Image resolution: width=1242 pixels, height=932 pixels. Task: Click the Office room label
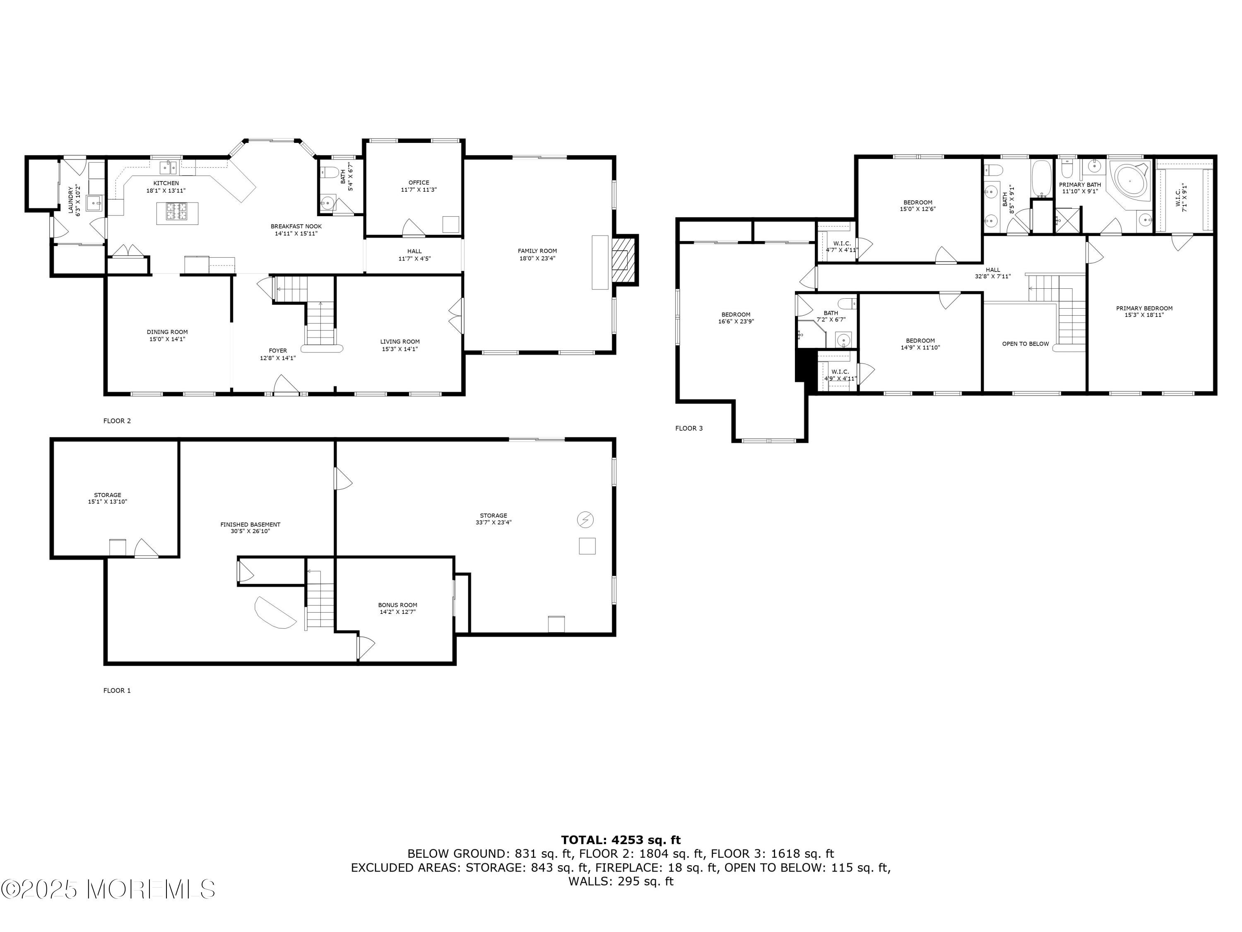pos(419,186)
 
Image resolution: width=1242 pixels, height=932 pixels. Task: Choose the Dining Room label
pos(167,336)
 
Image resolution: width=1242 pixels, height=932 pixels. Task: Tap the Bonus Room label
pos(397,608)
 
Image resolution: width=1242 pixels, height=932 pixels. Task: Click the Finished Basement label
pos(250,528)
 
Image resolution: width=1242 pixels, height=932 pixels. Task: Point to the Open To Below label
pos(1025,344)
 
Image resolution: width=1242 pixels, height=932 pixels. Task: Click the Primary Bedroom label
pos(1144,312)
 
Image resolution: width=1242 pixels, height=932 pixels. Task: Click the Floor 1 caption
pos(117,691)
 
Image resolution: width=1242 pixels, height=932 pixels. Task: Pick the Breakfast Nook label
pos(296,230)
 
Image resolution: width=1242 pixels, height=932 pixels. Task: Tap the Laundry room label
pos(75,200)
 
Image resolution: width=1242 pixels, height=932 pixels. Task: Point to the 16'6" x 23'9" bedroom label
pos(736,319)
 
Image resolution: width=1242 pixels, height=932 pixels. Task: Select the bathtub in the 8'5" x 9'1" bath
pos(1042,179)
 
